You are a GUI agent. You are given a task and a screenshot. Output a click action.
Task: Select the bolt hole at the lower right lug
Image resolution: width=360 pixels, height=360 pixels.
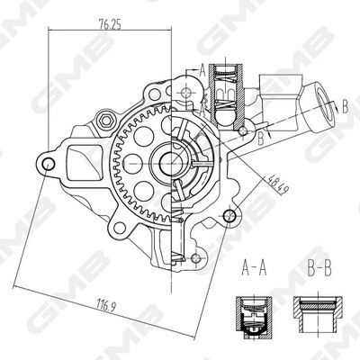tap(236, 214)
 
